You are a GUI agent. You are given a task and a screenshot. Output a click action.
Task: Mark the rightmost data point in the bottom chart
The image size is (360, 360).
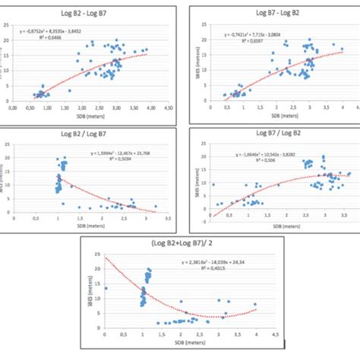point(255,305)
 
